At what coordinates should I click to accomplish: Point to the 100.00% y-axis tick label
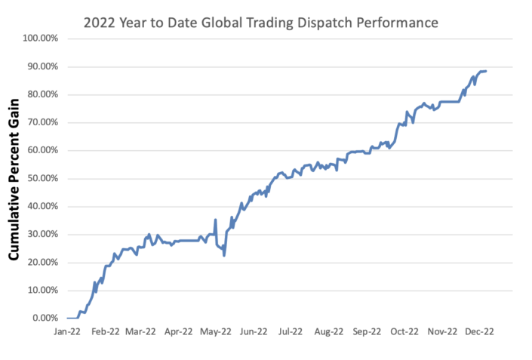click(42, 38)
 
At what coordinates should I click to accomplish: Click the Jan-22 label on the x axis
click(67, 331)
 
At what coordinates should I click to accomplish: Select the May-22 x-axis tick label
click(217, 331)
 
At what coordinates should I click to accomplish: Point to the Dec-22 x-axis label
click(479, 331)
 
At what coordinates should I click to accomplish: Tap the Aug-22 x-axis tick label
click(329, 331)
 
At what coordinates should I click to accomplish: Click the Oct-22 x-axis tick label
click(404, 331)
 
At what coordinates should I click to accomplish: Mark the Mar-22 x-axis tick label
click(141, 331)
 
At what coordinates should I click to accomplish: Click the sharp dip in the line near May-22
click(224, 255)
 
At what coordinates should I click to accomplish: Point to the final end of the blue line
click(486, 71)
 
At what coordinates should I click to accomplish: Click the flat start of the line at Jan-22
click(72, 318)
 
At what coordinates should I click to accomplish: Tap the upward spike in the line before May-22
click(216, 220)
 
